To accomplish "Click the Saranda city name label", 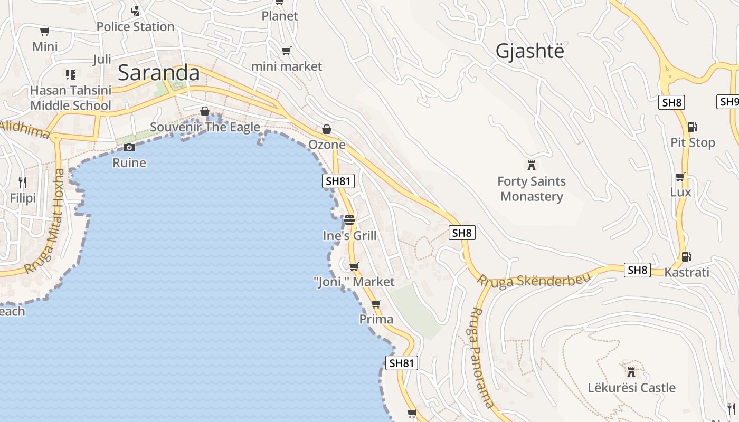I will pos(158,73).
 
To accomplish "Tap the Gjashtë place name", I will pos(529,51).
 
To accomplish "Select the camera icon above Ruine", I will pos(129,147).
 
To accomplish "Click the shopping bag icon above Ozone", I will pos(327,129).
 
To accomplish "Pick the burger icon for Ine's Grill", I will pos(349,220).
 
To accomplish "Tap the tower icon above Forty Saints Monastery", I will pos(532,166).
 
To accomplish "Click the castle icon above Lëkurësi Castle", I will pos(631,372).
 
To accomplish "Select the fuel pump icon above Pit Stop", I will pos(692,127).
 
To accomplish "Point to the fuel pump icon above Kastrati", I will pos(686,257).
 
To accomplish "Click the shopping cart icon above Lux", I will pos(680,177).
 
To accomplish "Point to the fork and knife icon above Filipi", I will pos(23,183).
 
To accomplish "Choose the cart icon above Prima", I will pos(376,304).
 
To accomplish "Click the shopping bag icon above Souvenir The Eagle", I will pos(205,112).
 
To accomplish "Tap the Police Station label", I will pos(135,26).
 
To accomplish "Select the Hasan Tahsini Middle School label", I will pos(71,98).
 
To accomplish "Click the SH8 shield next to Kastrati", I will pos(637,270).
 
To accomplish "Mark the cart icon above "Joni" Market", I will pos(354,266).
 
